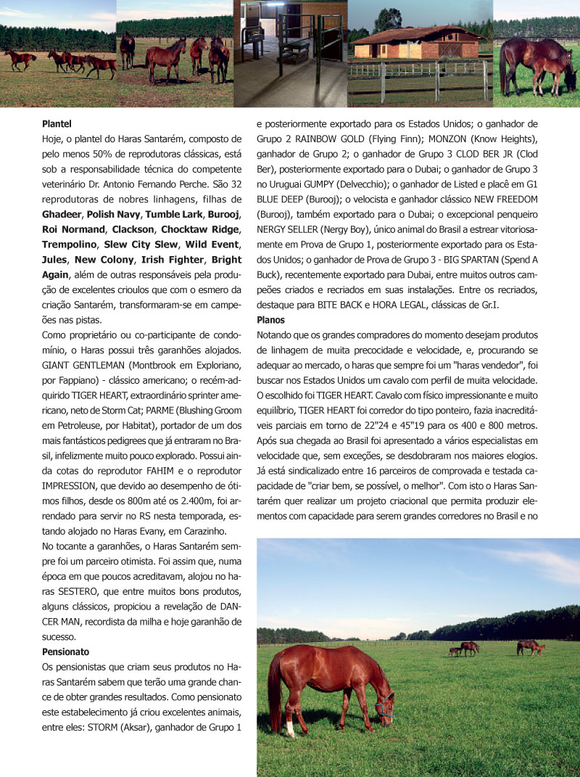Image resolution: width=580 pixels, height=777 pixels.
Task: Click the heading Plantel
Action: tap(57, 124)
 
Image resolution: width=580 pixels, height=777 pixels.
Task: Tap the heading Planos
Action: tap(271, 320)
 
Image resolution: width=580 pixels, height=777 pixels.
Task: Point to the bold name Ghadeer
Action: tap(62, 215)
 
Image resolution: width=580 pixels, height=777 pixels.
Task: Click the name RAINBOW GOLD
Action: tap(320, 139)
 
